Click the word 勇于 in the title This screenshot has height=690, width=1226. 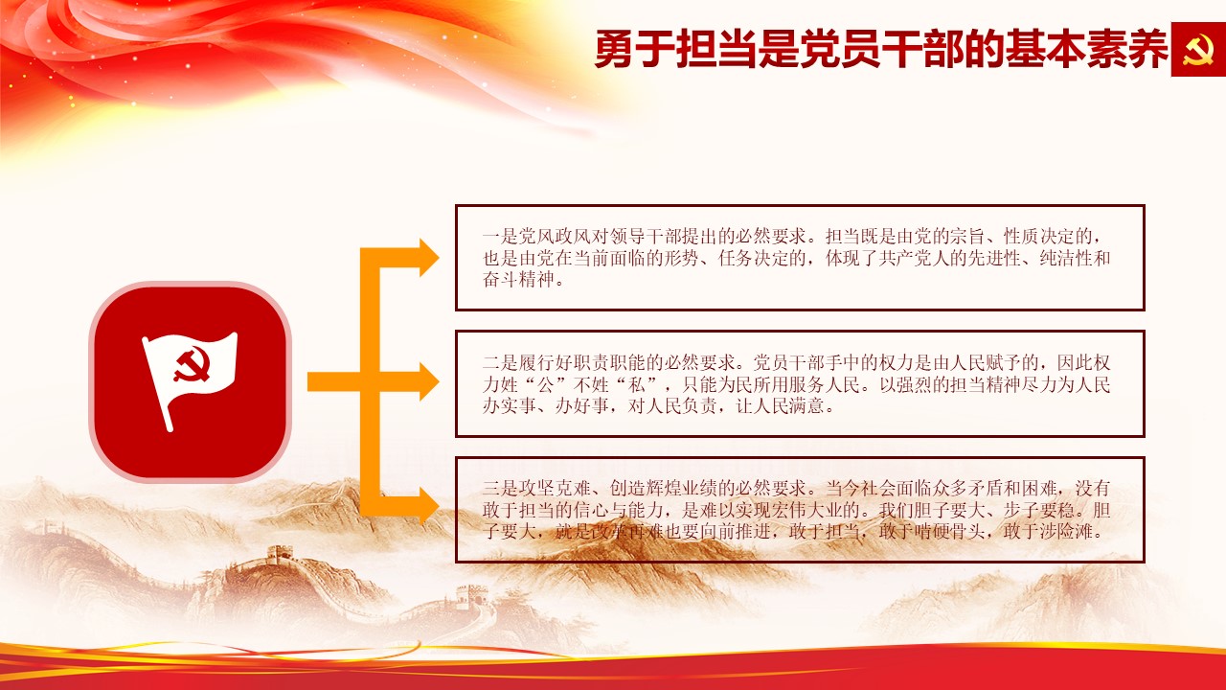point(635,49)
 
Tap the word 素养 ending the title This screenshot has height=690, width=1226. point(1127,49)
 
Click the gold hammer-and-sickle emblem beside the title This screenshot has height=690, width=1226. point(1198,49)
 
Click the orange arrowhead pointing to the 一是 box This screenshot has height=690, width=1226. point(429,258)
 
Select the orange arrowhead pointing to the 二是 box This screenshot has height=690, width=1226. point(429,381)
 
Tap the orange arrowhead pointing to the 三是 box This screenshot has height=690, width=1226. point(429,504)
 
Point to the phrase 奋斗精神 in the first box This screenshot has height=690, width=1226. point(518,279)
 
